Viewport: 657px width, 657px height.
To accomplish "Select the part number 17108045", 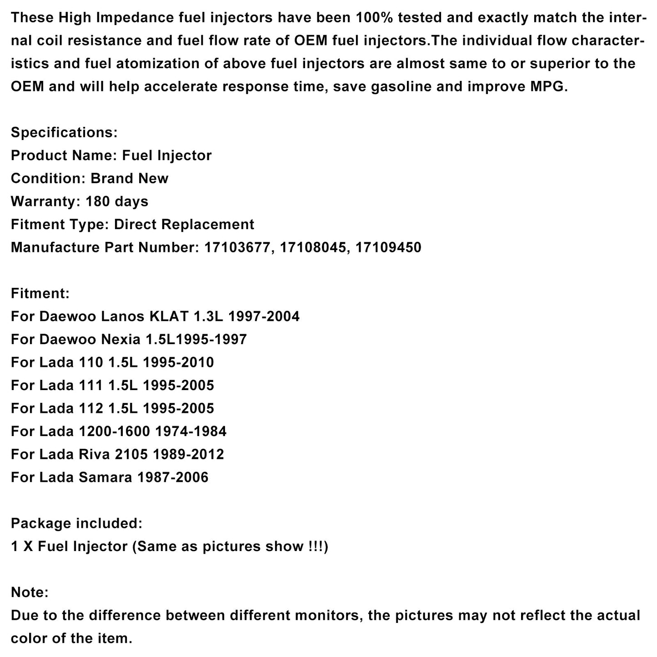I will (x=314, y=247).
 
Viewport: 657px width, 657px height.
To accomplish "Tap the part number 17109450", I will (x=389, y=247).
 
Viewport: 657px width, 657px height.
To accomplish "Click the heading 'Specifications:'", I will (x=64, y=133).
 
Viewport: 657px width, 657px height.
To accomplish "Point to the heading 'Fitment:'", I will (x=40, y=293).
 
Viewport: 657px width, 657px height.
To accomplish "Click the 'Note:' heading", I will (x=30, y=592).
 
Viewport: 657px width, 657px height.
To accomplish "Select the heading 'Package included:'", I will (x=76, y=523).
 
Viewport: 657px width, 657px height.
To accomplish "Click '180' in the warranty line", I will (x=98, y=201).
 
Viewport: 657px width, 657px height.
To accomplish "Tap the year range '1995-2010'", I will (x=178, y=362).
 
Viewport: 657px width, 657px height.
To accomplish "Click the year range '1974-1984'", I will (x=191, y=431).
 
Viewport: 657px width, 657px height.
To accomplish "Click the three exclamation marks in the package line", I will (x=315, y=546).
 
